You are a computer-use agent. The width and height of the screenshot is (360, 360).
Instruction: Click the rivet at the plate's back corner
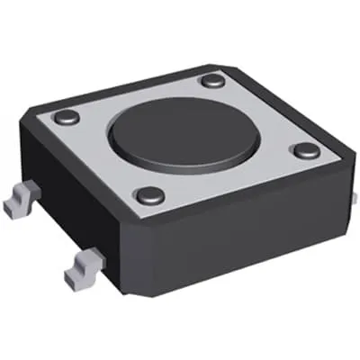click(212, 80)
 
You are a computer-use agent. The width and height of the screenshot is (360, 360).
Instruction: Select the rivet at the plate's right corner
click(306, 149)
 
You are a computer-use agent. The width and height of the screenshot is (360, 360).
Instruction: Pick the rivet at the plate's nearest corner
click(148, 194)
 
